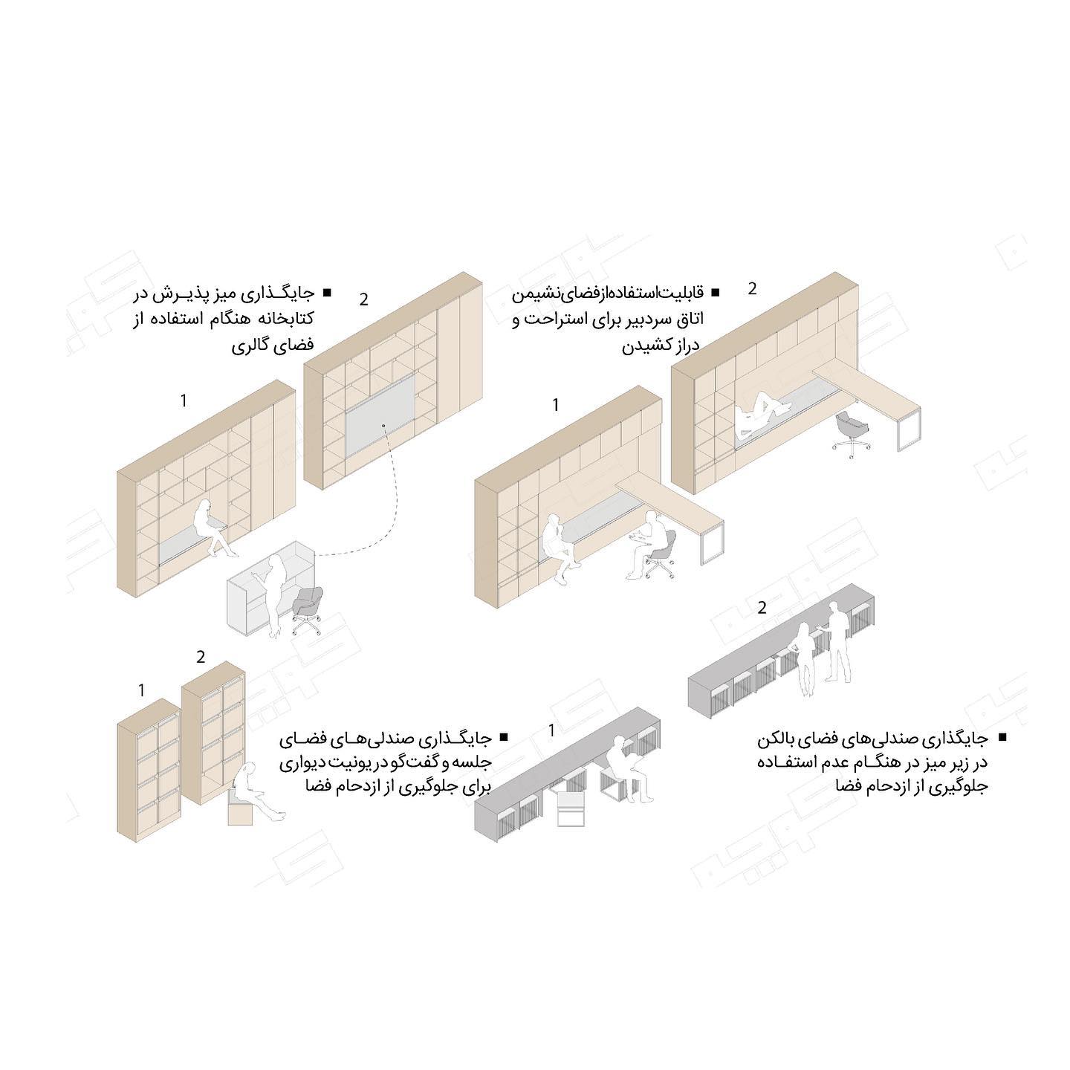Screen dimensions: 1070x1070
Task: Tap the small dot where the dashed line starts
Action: click(x=383, y=425)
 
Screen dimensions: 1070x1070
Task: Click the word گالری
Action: click(x=250, y=346)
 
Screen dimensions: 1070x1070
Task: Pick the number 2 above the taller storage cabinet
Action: click(x=201, y=657)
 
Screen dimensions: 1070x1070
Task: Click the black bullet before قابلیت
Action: click(x=715, y=292)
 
